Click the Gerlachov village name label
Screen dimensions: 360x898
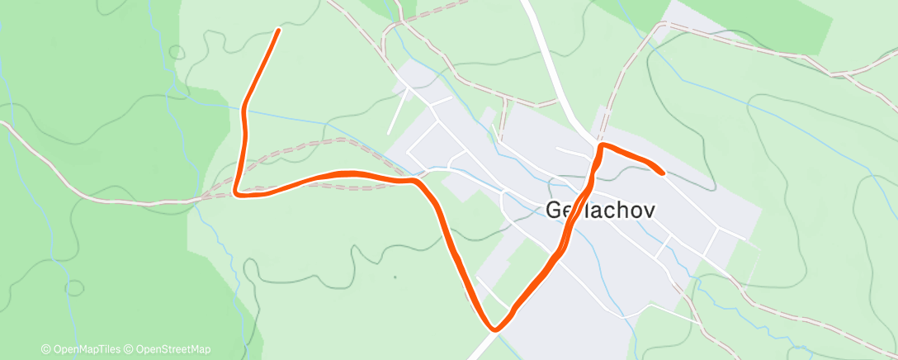click(602, 210)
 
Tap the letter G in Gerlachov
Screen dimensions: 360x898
click(555, 210)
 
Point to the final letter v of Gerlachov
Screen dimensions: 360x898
click(649, 210)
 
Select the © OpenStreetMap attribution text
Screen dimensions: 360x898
click(170, 349)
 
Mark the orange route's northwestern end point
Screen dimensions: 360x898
click(278, 31)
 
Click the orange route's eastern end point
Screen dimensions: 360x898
click(662, 173)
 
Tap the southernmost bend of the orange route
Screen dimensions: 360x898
click(494, 329)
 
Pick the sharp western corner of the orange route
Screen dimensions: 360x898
click(237, 193)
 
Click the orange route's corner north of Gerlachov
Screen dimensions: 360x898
click(602, 146)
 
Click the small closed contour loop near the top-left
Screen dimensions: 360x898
click(176, 51)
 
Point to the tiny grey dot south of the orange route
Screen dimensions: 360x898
click(395, 277)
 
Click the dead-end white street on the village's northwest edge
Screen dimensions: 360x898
click(395, 116)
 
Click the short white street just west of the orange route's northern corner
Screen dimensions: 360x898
click(574, 150)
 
